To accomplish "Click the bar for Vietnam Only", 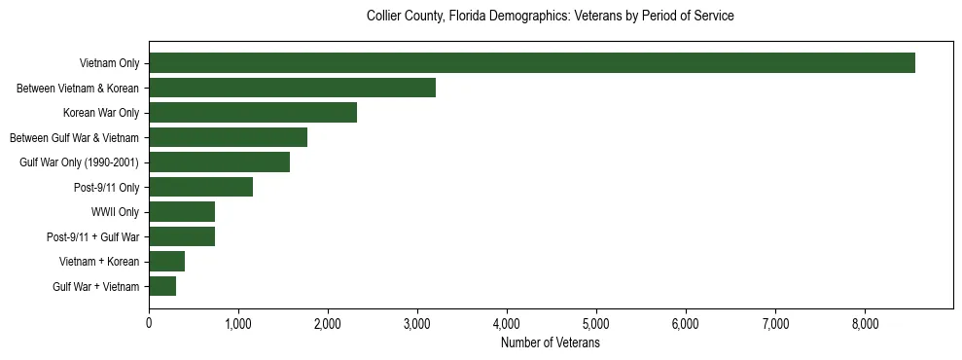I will [x=532, y=63].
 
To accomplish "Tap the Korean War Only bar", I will [x=253, y=113].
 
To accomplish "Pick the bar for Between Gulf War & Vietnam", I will [x=228, y=137].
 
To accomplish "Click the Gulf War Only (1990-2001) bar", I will [x=219, y=162].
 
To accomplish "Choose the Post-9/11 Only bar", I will [x=200, y=187].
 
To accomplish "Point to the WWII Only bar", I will [x=182, y=212].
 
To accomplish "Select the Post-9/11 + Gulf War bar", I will [x=182, y=236].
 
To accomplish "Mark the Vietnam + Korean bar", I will [x=166, y=262].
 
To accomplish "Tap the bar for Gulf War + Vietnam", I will [x=162, y=286].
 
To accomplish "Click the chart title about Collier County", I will [x=550, y=17].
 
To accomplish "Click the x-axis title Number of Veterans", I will [x=550, y=343].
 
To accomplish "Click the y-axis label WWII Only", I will [x=115, y=212].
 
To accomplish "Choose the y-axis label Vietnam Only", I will [x=109, y=63].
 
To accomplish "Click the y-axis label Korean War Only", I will [x=101, y=113].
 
